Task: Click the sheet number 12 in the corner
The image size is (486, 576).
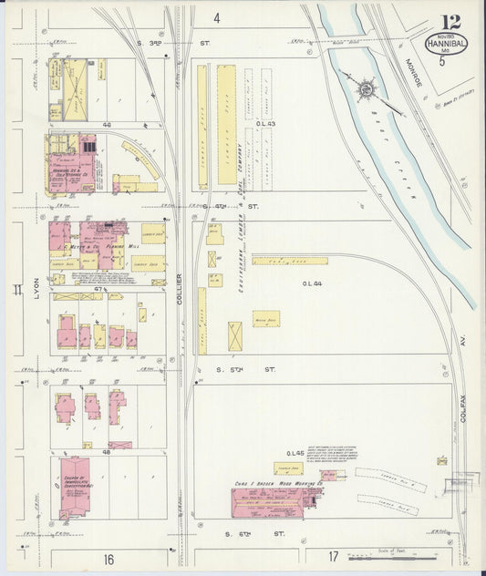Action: pos(450,22)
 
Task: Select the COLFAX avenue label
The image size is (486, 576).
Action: pos(464,344)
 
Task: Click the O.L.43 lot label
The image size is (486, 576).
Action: pos(266,124)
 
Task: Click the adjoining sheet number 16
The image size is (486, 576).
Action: pos(109,559)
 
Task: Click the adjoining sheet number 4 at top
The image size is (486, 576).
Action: pos(217,18)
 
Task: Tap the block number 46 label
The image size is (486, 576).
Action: pos(107,123)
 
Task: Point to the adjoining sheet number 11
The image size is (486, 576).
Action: pos(16,292)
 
